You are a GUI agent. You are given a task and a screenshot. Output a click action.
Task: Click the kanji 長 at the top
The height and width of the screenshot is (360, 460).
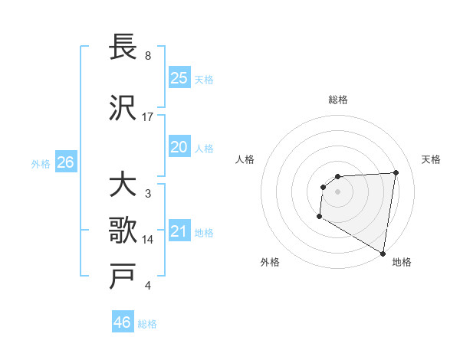(x=123, y=47)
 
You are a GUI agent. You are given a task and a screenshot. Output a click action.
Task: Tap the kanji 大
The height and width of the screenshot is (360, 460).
(x=123, y=185)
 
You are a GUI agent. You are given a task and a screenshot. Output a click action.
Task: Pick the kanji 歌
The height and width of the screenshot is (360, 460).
(x=123, y=230)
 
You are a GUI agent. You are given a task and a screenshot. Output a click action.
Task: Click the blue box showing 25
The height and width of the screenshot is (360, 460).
(x=179, y=77)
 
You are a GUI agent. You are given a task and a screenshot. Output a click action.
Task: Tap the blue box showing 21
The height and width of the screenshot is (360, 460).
(x=179, y=231)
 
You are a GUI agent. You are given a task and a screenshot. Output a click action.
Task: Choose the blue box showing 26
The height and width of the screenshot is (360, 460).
(x=65, y=162)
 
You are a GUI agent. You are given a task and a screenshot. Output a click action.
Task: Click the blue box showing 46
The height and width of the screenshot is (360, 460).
(x=123, y=322)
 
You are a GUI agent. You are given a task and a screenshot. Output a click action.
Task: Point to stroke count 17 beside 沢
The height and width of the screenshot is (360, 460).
(x=148, y=116)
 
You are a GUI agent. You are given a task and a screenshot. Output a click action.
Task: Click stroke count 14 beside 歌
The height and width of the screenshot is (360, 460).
(x=148, y=239)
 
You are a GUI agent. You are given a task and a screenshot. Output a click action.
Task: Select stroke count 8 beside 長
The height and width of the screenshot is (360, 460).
(x=148, y=56)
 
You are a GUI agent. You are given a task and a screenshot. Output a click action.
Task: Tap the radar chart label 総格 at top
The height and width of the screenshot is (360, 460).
(x=338, y=100)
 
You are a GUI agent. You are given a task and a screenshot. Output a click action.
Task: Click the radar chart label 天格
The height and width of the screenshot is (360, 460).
(x=431, y=159)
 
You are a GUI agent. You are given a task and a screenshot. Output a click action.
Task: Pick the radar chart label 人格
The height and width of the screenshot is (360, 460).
(x=245, y=159)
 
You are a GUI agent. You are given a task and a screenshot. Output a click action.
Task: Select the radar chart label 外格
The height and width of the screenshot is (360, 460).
(x=270, y=262)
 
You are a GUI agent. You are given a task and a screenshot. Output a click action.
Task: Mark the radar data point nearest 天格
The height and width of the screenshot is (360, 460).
(x=396, y=172)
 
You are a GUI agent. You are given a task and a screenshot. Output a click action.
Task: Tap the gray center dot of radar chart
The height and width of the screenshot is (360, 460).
(x=337, y=191)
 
